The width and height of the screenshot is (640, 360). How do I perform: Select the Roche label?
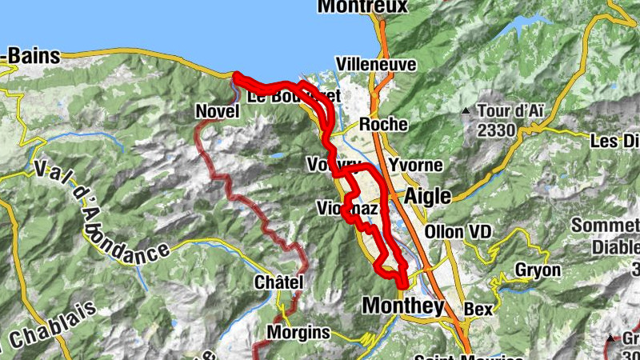[x=384, y=125]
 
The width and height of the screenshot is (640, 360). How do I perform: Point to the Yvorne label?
[x=414, y=166]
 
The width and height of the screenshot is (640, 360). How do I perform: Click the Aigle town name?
[x=428, y=197]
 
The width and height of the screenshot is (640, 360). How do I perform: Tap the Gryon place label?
[x=538, y=270]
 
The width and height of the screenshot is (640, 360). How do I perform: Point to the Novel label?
[x=218, y=112]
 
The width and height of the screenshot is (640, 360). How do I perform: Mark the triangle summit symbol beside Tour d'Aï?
[x=466, y=110]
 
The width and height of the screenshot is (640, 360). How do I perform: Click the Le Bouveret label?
[x=293, y=96]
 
